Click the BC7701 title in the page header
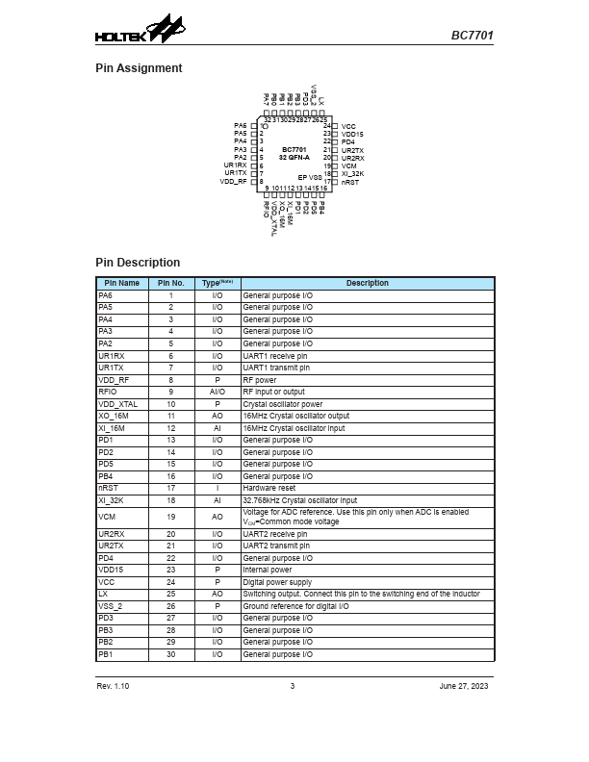click(x=473, y=36)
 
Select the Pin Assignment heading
click(x=139, y=68)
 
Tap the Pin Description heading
click(x=138, y=263)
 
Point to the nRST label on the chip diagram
click(x=350, y=182)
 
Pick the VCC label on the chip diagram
click(x=348, y=126)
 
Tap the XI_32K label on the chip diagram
click(x=353, y=173)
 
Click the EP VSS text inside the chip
click(x=309, y=178)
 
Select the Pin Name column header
click(x=121, y=283)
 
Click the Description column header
click(x=368, y=283)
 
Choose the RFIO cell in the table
click(x=108, y=392)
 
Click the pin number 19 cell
click(x=171, y=517)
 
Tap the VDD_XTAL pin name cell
click(x=117, y=404)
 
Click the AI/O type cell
click(x=218, y=392)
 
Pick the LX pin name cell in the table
click(x=103, y=594)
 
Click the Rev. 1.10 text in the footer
click(x=113, y=686)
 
